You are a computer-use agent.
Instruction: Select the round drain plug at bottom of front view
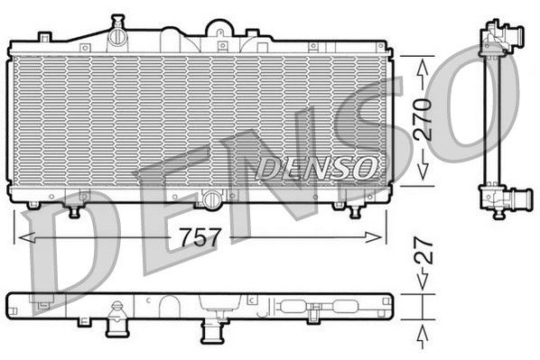click(210, 199)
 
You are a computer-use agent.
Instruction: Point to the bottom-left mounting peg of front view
click(74, 211)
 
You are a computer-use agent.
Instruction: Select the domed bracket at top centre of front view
click(220, 28)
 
